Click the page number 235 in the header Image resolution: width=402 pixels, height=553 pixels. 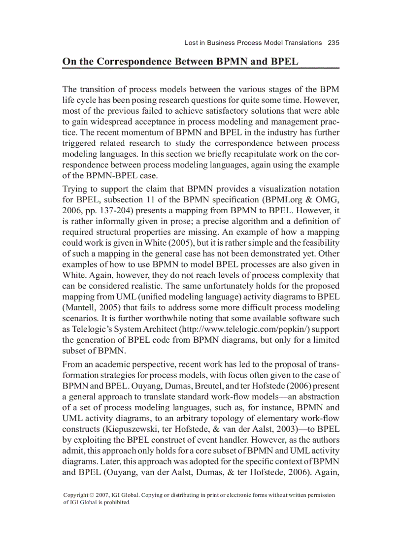pos(333,43)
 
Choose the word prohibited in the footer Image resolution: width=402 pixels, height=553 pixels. pos(117,502)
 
